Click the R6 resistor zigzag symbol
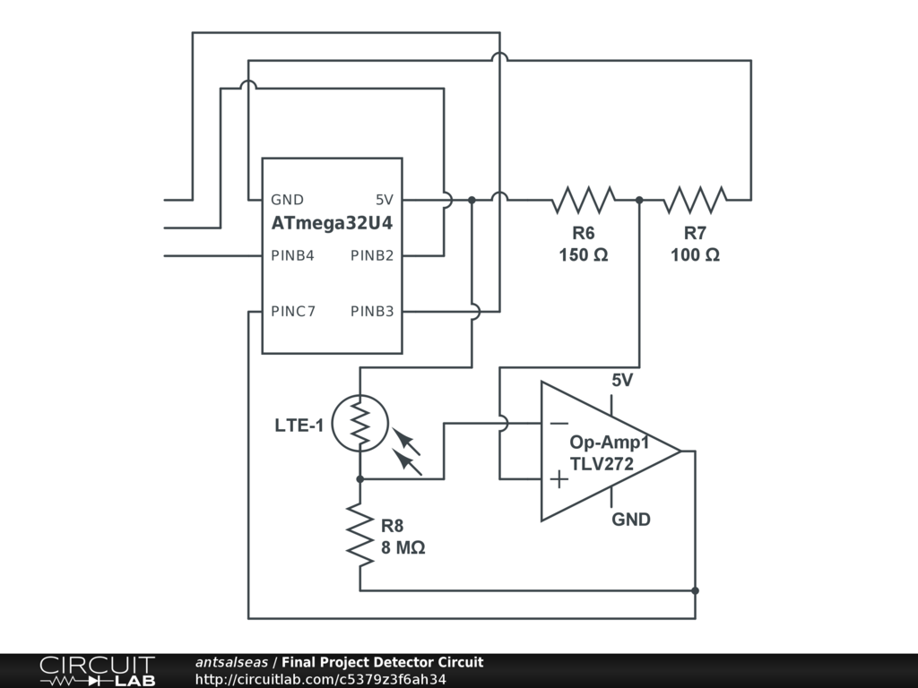tap(583, 200)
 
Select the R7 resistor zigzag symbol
tap(695, 200)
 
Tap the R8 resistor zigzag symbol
tap(359, 534)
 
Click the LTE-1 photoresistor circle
tap(359, 425)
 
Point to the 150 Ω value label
tap(584, 255)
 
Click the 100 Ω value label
tap(695, 255)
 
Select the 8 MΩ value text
tap(403, 547)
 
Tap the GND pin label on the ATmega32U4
tap(288, 200)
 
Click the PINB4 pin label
tap(292, 255)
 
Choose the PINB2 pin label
tap(372, 255)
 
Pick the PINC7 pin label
tap(293, 312)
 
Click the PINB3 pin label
tap(372, 312)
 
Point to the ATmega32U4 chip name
tap(333, 224)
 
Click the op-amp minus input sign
tap(559, 424)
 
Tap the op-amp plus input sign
tap(559, 479)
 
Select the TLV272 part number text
tap(602, 464)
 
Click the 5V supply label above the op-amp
tap(622, 381)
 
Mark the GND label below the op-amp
tap(631, 520)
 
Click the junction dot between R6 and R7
tap(639, 200)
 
